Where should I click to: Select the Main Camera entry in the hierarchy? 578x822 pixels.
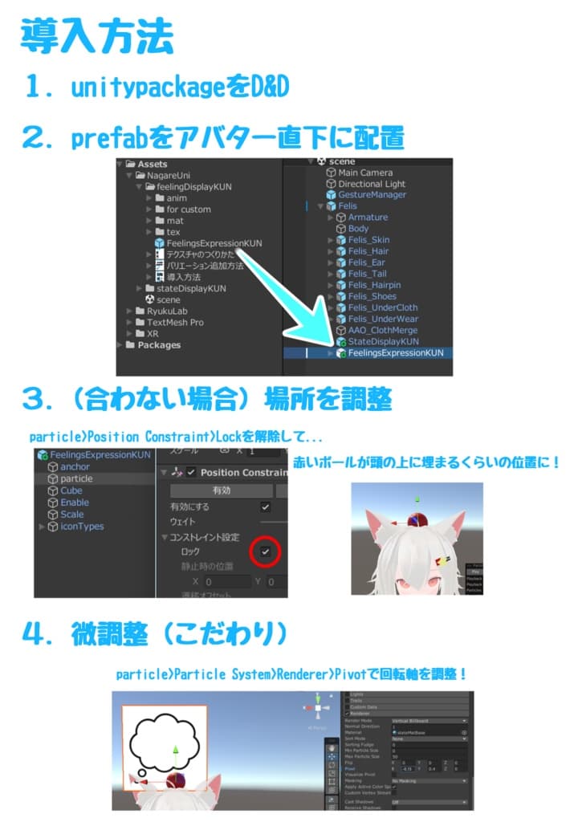365,173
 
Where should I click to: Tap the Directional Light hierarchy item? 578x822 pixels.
371,184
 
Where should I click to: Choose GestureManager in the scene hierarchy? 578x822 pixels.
372,195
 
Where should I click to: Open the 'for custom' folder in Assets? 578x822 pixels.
189,210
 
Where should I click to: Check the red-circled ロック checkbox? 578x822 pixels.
265,551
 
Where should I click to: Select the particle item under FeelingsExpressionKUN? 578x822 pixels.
76,478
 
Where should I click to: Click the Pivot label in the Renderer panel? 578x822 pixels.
349,767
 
